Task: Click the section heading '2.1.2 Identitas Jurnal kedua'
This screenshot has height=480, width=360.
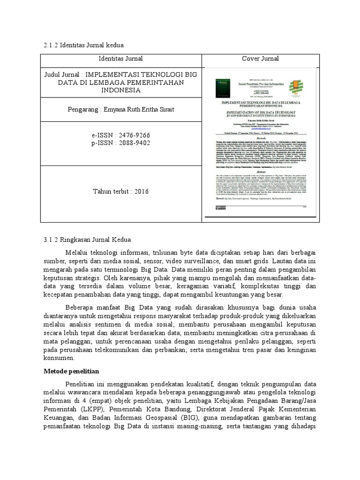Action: (82, 45)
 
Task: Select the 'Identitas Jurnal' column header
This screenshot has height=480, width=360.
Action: (120, 59)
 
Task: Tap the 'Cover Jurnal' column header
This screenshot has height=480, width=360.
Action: (260, 59)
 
